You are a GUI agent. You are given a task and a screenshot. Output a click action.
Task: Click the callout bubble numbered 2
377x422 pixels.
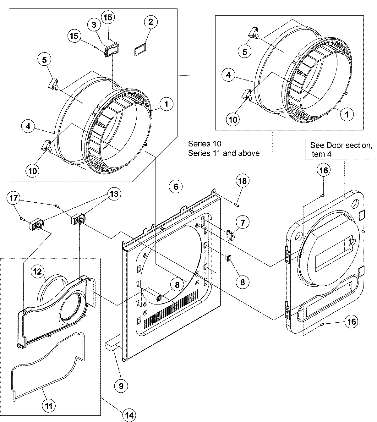click(150, 22)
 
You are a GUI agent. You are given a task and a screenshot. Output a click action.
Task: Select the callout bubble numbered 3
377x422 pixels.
click(94, 25)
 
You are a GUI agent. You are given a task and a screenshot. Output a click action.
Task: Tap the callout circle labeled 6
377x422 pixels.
click(176, 186)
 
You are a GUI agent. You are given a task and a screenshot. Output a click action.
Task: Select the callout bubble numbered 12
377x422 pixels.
click(37, 272)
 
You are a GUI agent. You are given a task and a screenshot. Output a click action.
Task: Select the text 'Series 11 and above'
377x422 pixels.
click(224, 153)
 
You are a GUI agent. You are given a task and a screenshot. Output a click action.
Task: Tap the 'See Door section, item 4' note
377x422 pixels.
click(341, 150)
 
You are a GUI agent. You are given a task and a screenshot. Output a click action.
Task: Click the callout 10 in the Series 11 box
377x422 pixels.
click(233, 119)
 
